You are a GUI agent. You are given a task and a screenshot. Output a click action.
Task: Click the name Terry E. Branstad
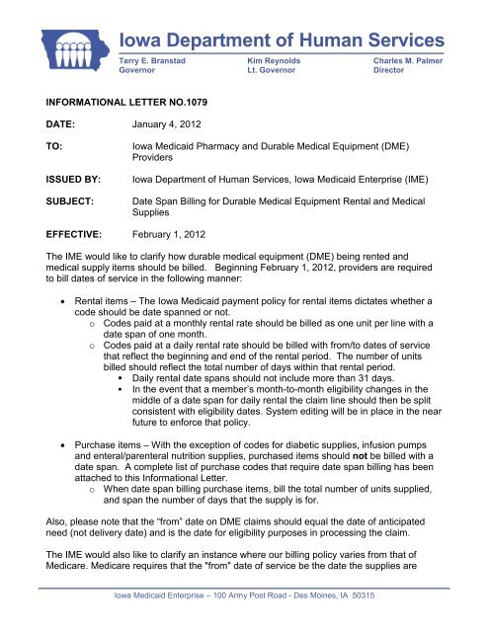pos(156,60)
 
